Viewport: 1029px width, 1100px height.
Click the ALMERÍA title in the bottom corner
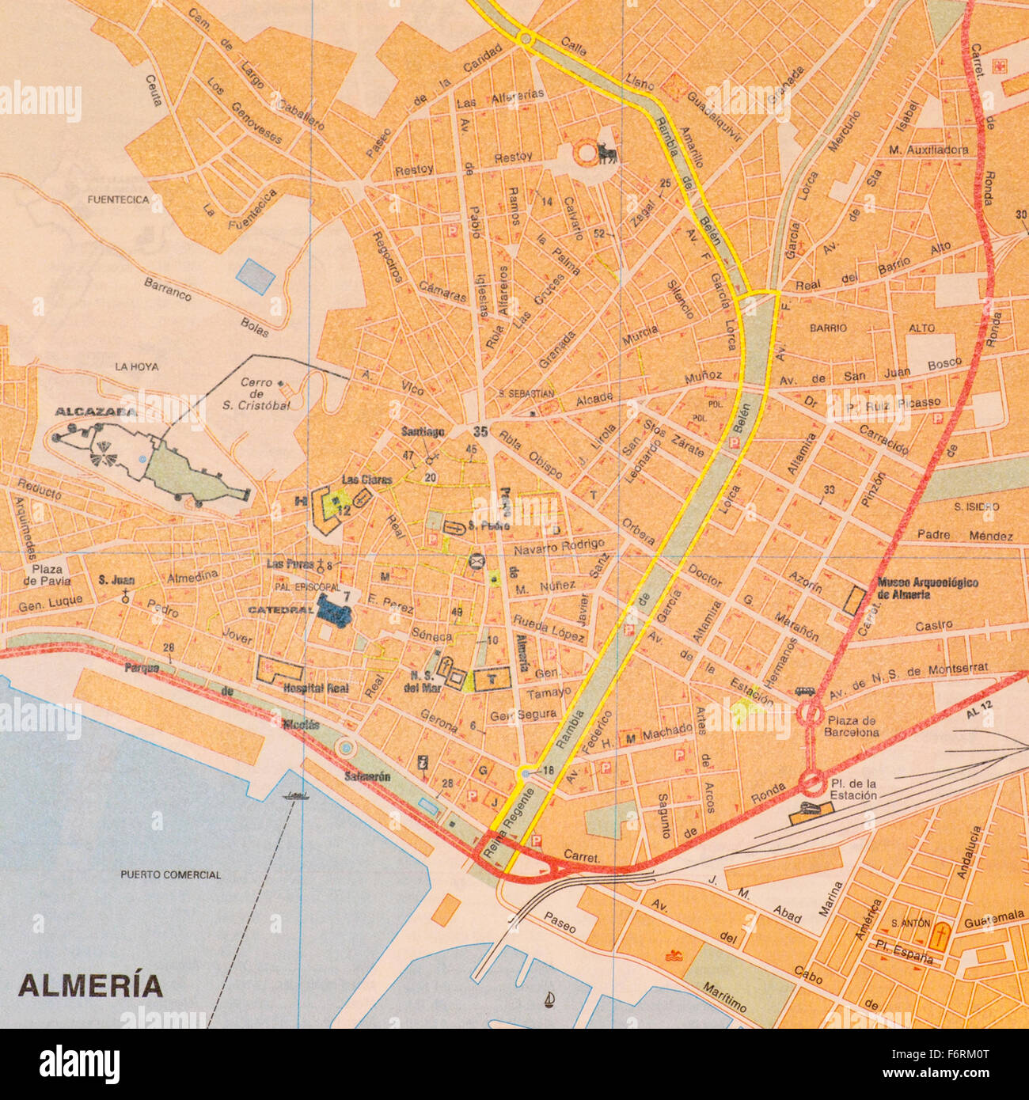tap(90, 986)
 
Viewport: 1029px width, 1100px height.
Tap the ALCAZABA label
tap(96, 412)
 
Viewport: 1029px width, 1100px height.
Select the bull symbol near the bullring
tap(607, 152)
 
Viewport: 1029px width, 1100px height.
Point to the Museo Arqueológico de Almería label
tap(927, 588)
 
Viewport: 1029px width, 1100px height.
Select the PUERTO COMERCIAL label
tap(170, 874)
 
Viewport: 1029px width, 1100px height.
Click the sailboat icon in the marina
tap(549, 1001)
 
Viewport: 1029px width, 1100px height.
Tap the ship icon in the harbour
tap(295, 795)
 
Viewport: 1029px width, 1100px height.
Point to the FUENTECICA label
tap(118, 200)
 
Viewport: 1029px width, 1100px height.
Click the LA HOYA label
tap(136, 366)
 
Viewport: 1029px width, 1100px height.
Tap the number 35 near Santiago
tap(480, 431)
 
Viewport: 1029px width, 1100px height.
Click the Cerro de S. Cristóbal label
tap(265, 393)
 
